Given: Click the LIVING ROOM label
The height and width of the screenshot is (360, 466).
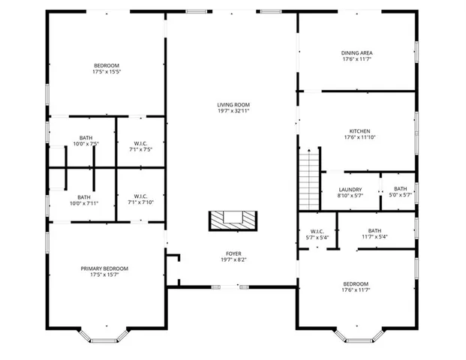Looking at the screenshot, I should (233, 104).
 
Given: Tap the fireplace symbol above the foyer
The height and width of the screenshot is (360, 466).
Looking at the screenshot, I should (233, 220).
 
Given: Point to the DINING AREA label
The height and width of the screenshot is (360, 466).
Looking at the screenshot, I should (357, 52).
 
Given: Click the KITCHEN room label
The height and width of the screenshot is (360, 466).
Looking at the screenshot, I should (357, 130).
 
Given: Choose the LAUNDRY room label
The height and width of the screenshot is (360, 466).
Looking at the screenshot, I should (350, 190).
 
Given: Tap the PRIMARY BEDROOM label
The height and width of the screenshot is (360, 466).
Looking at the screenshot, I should (104, 268).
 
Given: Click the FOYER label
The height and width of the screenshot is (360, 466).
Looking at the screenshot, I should (233, 253).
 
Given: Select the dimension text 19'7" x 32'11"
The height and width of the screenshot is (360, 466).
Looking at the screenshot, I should (233, 111).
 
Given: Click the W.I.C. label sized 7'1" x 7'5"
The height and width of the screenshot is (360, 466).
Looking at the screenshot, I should (140, 142).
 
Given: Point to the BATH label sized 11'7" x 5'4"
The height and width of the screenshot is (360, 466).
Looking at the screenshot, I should (374, 230).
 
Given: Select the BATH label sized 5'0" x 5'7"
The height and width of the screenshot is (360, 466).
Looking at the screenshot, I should (400, 189).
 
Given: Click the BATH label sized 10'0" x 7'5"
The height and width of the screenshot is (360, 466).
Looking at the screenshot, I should (86, 137).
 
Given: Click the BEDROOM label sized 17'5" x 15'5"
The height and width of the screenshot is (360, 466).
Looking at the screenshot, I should (106, 66).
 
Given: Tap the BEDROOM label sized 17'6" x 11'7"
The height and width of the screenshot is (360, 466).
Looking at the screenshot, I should (355, 283).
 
